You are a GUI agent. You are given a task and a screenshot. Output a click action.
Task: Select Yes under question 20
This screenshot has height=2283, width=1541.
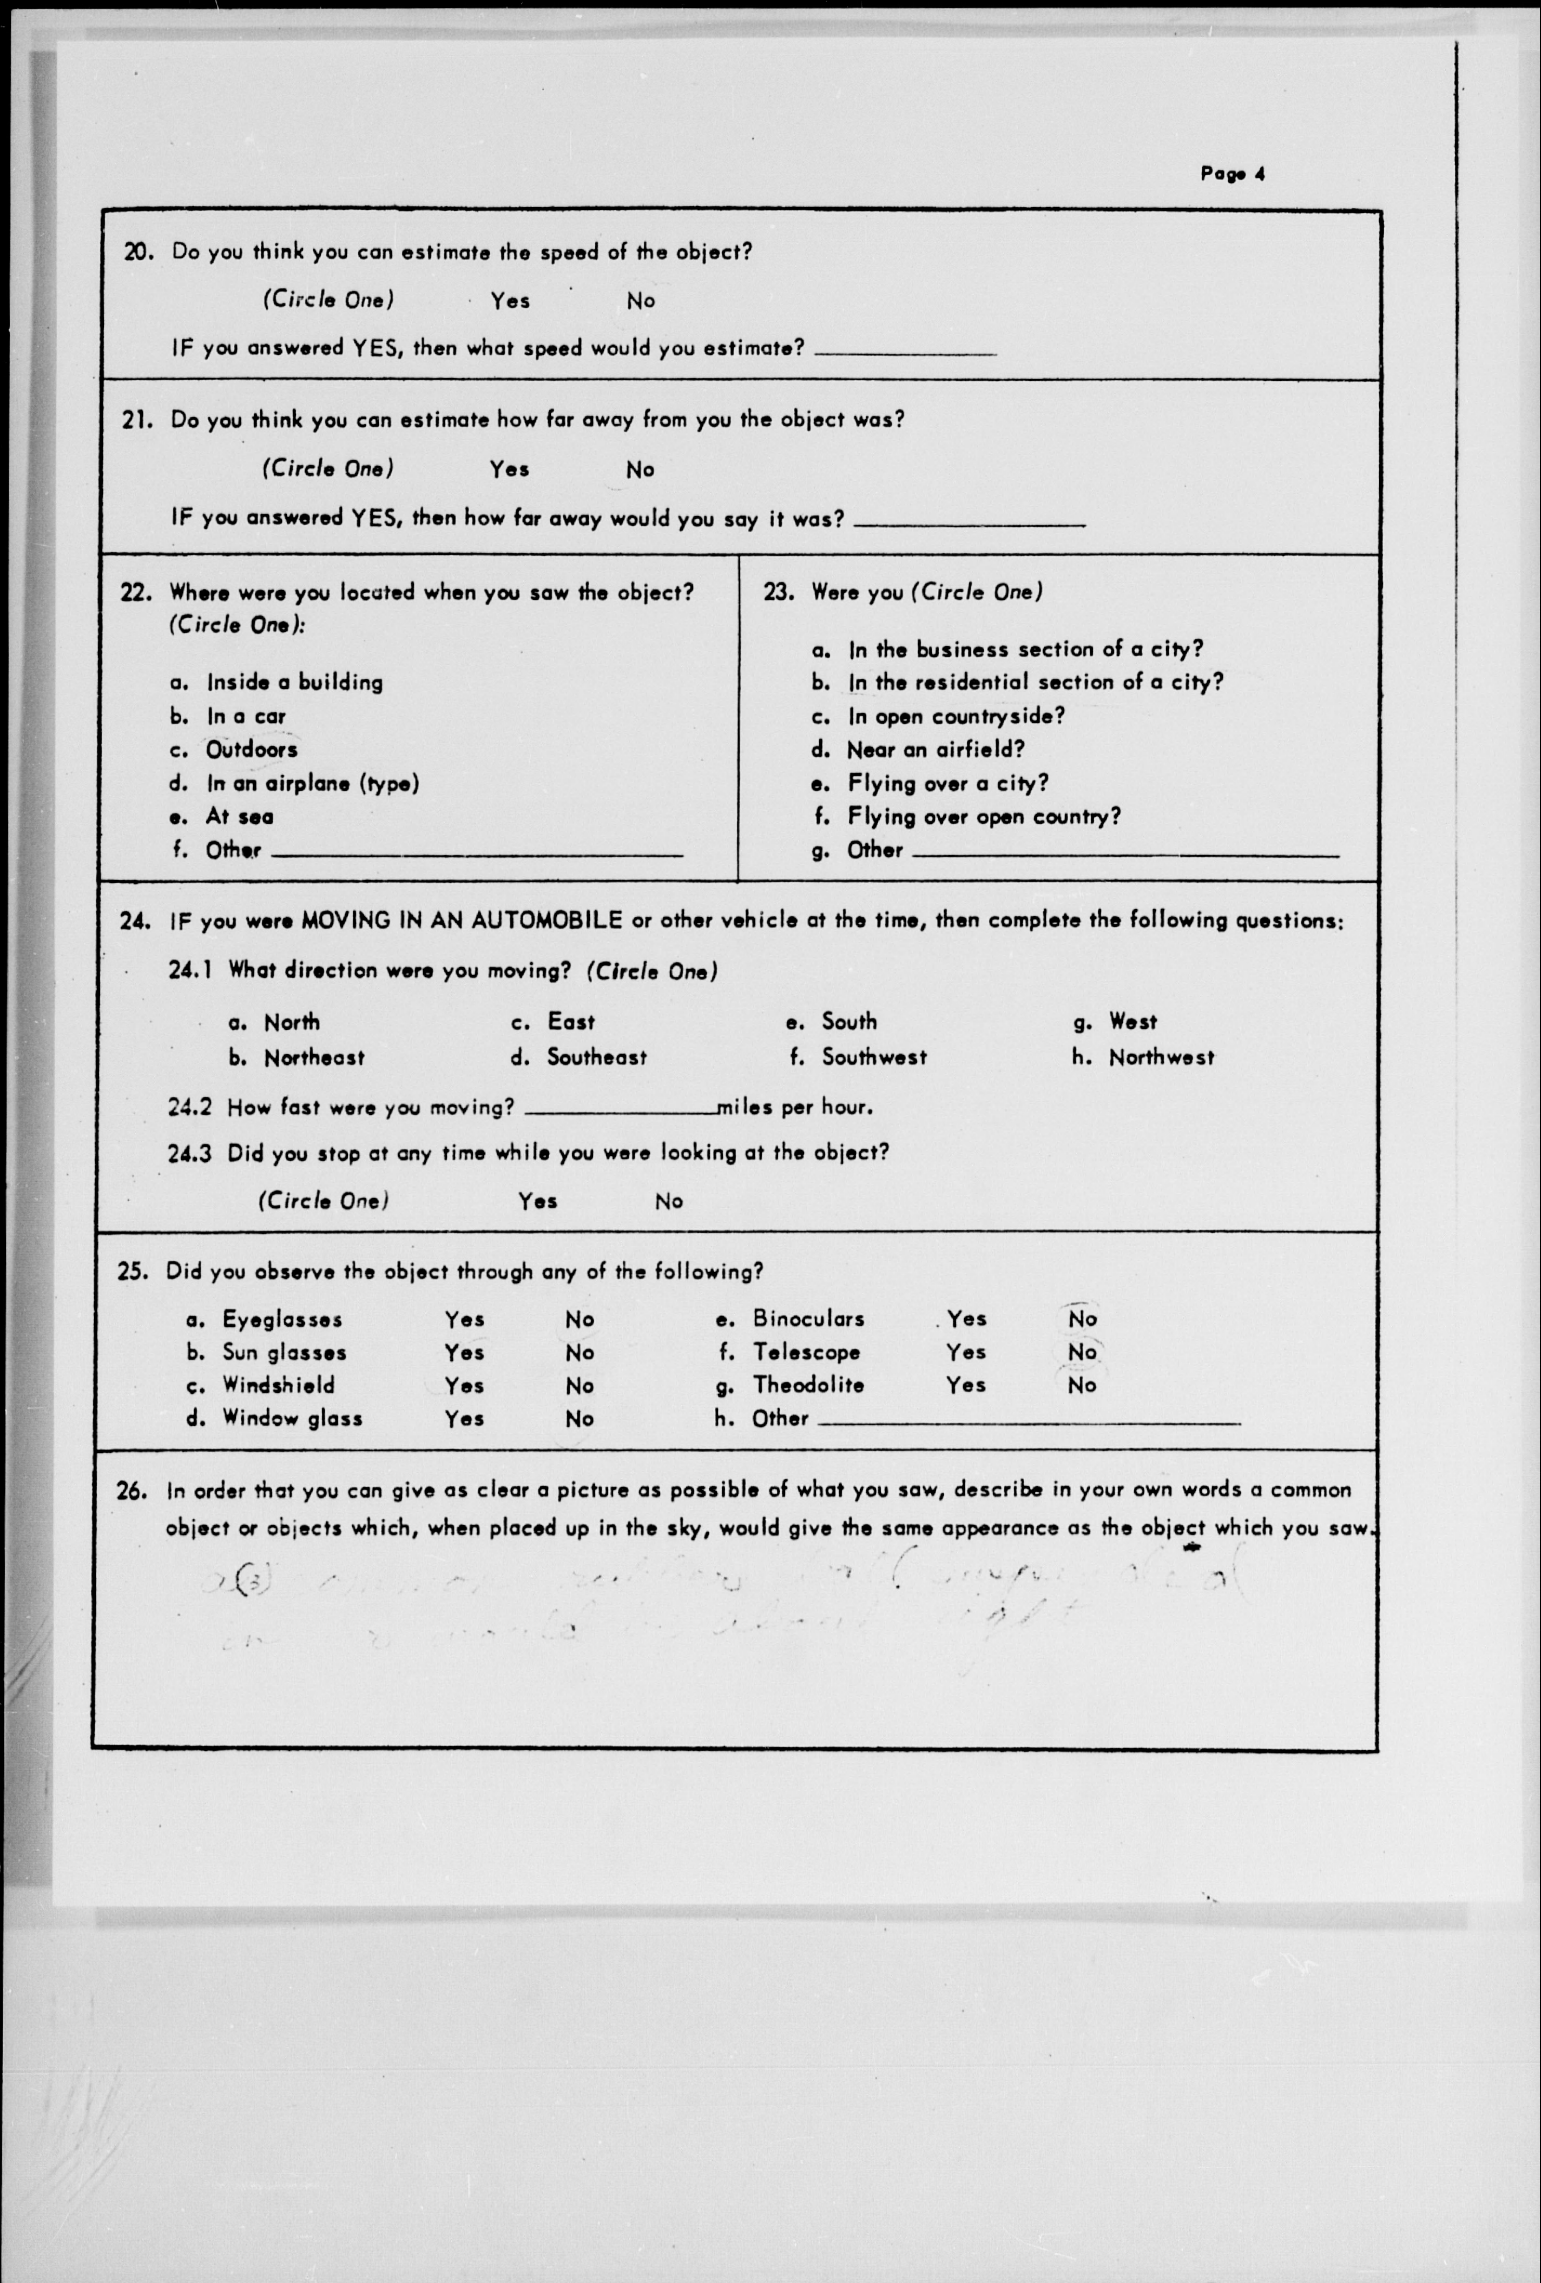pos(510,301)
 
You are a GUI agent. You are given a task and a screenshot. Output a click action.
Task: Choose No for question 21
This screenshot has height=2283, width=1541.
pos(640,469)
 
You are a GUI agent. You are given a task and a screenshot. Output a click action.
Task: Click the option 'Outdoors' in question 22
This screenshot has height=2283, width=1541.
pos(252,750)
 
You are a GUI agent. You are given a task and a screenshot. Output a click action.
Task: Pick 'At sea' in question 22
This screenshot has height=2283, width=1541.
pos(239,816)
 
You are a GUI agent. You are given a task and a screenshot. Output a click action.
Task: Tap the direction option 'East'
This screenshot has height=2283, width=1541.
pos(571,1022)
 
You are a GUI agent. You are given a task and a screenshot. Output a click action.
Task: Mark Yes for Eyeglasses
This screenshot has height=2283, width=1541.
pos(464,1319)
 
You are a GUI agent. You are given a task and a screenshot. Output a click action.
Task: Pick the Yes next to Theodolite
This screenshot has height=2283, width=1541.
pos(966,1385)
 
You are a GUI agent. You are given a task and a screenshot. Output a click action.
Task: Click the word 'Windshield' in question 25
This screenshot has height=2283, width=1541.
pos(278,1385)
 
